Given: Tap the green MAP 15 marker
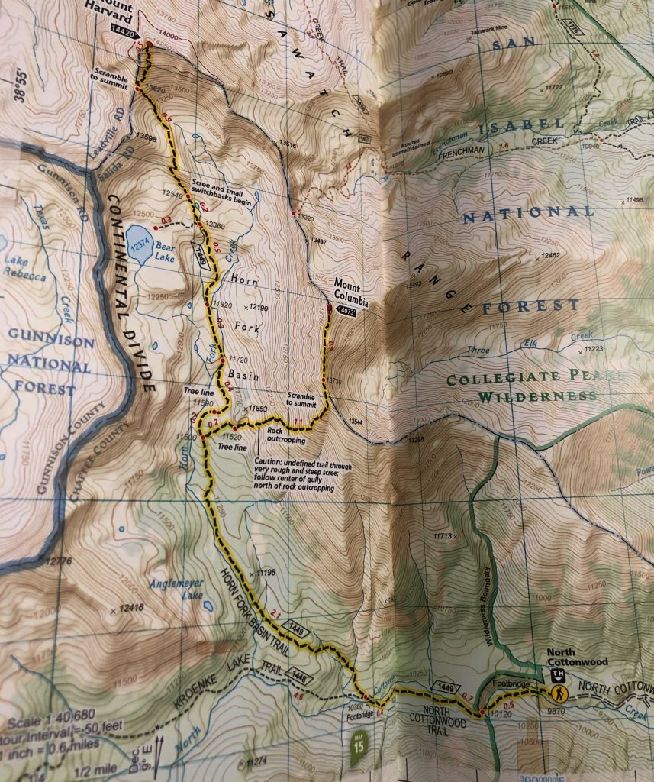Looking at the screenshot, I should point(360,742).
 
